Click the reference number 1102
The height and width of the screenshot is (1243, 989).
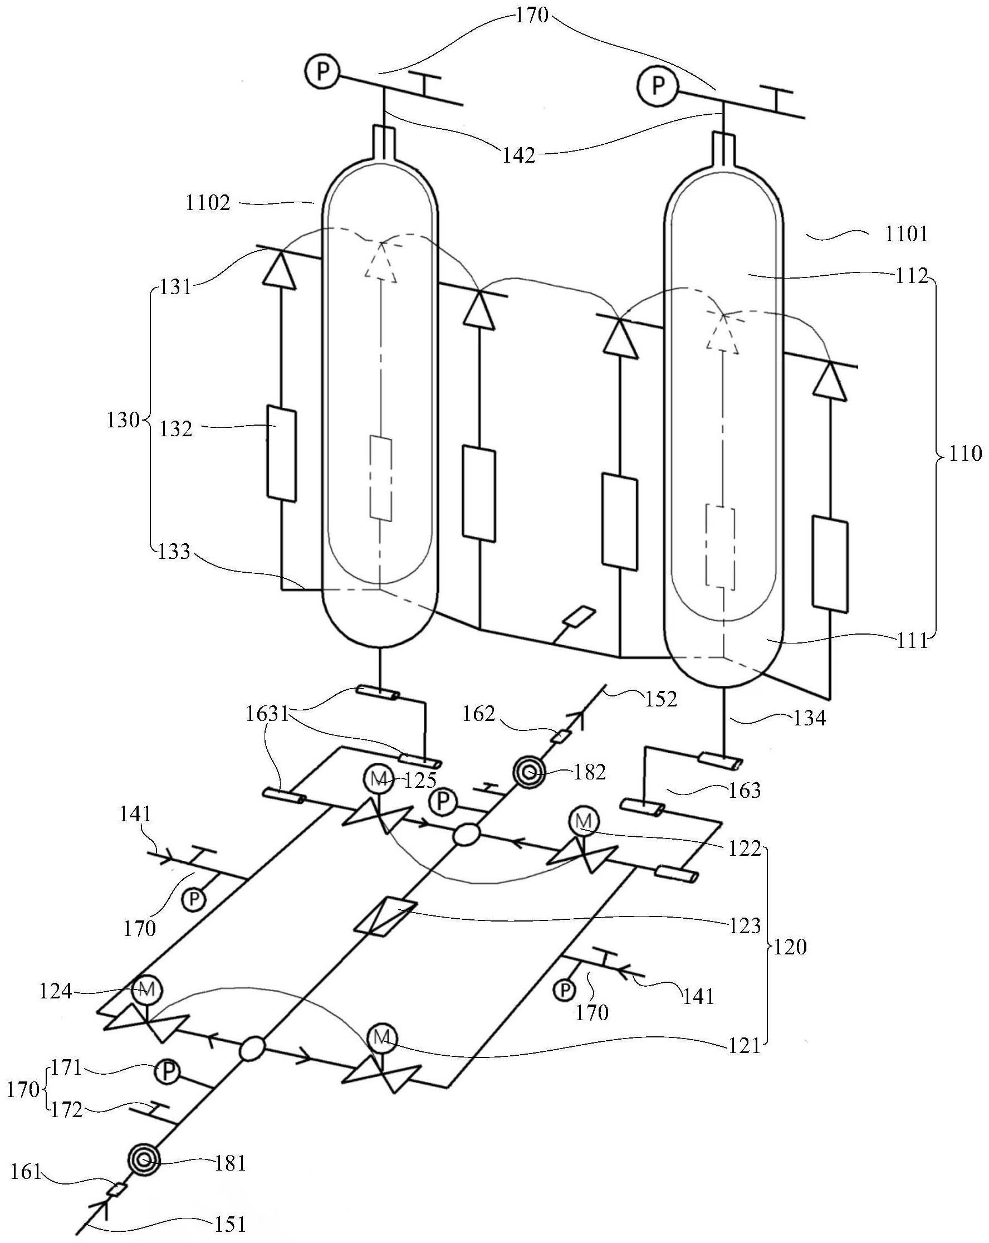click(x=208, y=203)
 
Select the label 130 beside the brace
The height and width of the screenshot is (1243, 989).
click(x=123, y=420)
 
